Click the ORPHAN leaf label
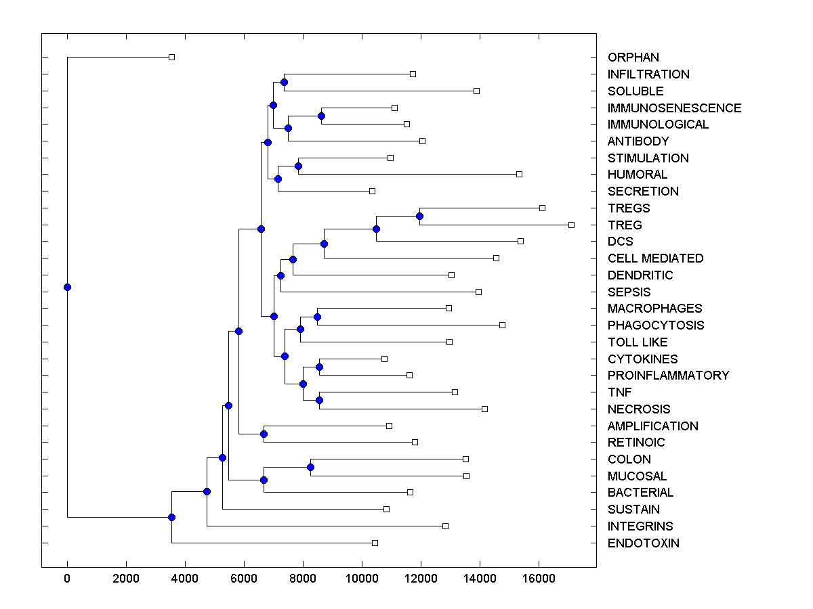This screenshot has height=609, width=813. tap(633, 58)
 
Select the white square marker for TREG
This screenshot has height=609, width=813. tap(571, 225)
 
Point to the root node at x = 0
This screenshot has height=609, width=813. tap(67, 287)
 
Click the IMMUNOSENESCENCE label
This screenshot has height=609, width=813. tap(674, 108)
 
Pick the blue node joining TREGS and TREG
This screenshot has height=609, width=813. tap(419, 217)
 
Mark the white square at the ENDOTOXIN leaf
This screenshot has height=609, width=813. tap(375, 543)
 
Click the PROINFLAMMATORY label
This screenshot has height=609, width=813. tap(668, 376)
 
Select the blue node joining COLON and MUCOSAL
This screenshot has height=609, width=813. tap(310, 467)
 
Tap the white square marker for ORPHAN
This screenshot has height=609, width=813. tap(171, 57)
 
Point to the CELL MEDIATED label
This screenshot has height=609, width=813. tap(655, 258)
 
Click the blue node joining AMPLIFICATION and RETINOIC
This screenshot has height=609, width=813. tap(264, 434)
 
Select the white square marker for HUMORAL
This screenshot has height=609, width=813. tap(519, 174)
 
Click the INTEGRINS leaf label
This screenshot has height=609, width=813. tap(640, 526)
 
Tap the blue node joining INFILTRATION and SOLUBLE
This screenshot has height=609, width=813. tap(284, 83)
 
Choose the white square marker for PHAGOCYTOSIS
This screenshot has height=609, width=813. tap(502, 325)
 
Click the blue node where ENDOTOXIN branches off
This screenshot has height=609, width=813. tap(171, 517)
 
